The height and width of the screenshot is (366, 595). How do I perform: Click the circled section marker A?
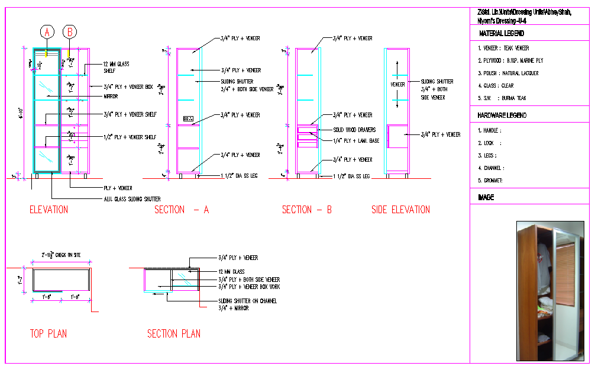coord(48,32)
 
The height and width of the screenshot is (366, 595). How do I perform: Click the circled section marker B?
coord(70,32)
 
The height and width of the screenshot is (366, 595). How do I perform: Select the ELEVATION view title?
coord(48,210)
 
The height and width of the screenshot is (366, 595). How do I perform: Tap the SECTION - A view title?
coord(182,210)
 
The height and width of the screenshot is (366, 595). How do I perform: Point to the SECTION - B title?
coord(306,210)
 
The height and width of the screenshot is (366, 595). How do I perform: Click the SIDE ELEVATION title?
coord(400,210)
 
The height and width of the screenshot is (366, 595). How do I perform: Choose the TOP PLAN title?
coord(48,334)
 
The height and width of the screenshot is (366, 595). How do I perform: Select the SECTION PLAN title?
coord(173,334)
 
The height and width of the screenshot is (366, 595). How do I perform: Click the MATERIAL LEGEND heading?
coord(501,34)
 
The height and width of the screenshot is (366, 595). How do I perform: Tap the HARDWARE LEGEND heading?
coord(502,115)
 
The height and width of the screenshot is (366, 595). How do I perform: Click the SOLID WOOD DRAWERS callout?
coord(355,130)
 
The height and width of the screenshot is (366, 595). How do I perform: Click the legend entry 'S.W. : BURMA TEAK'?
coord(502,98)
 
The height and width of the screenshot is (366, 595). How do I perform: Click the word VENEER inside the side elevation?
coord(397,85)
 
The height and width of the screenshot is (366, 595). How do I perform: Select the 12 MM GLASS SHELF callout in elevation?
coord(115,67)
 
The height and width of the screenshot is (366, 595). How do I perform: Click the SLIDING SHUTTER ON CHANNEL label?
coord(247,301)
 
